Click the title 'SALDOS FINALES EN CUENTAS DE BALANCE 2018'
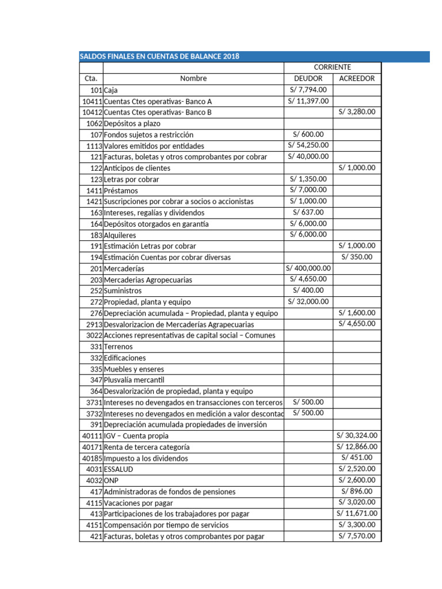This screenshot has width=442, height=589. point(159,56)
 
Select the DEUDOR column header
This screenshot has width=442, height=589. point(308,78)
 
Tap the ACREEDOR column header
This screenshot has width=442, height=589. point(357,78)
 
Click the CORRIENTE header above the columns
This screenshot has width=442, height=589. point(332,67)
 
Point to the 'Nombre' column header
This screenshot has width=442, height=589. point(193,78)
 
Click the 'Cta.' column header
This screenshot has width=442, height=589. point(91,78)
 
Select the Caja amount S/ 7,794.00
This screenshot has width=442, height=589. point(308,90)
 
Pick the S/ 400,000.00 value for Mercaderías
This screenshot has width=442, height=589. point(308,268)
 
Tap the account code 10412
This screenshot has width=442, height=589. point(92,112)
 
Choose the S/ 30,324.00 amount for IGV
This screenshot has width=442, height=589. point(357,435)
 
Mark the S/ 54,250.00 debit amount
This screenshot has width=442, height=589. point(308,146)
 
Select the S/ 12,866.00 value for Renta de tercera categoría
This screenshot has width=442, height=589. point(357,446)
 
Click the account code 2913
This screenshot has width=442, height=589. point(94,324)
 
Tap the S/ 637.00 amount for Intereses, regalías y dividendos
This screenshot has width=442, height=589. point(308,212)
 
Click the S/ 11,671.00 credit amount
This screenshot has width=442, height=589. point(357,514)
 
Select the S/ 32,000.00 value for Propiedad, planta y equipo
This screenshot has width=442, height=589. point(308,301)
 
